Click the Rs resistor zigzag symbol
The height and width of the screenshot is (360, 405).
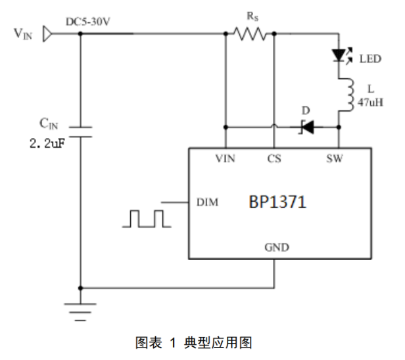249,33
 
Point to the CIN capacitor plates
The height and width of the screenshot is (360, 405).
80,131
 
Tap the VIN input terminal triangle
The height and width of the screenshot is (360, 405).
47,33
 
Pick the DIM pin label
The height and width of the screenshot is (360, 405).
207,202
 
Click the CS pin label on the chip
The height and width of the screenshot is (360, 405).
274,159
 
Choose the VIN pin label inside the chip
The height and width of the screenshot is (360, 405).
226,159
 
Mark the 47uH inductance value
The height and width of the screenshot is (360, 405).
371,103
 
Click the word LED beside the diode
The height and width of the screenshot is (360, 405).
370,59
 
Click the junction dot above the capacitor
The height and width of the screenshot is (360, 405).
80,33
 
